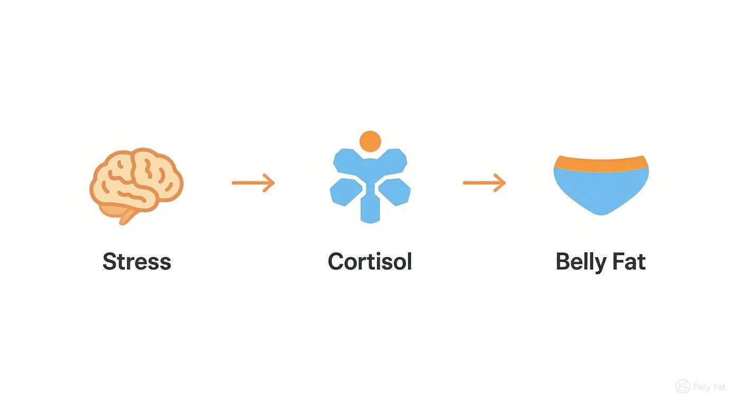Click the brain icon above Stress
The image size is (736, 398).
136,180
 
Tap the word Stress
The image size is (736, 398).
136,262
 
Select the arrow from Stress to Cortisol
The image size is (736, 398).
253,183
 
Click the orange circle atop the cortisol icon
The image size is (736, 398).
370,141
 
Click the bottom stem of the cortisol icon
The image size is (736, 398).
370,209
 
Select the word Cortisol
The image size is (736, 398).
370,262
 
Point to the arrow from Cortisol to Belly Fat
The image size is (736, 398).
484,183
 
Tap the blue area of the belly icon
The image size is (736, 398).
601,191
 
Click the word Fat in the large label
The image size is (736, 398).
629,262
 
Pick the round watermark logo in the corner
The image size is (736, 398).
683,387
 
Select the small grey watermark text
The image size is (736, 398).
710,387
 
